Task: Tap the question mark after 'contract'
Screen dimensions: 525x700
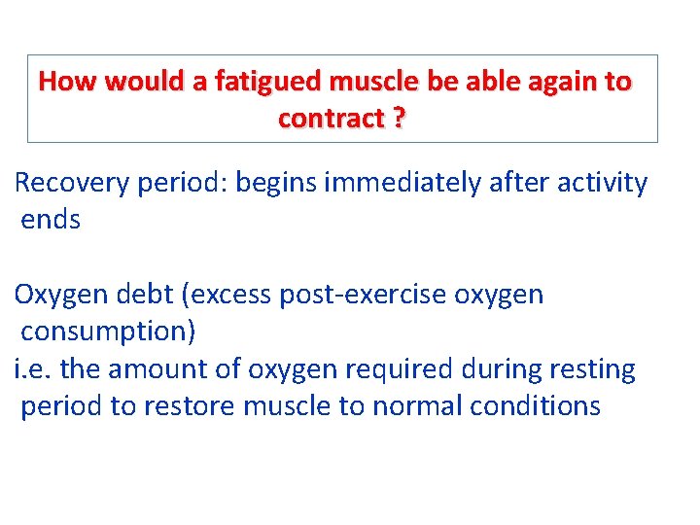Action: point(400,120)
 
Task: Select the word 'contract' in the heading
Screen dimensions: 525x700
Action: point(331,120)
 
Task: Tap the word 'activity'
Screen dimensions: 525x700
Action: point(602,183)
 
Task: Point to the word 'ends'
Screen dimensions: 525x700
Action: point(51,220)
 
